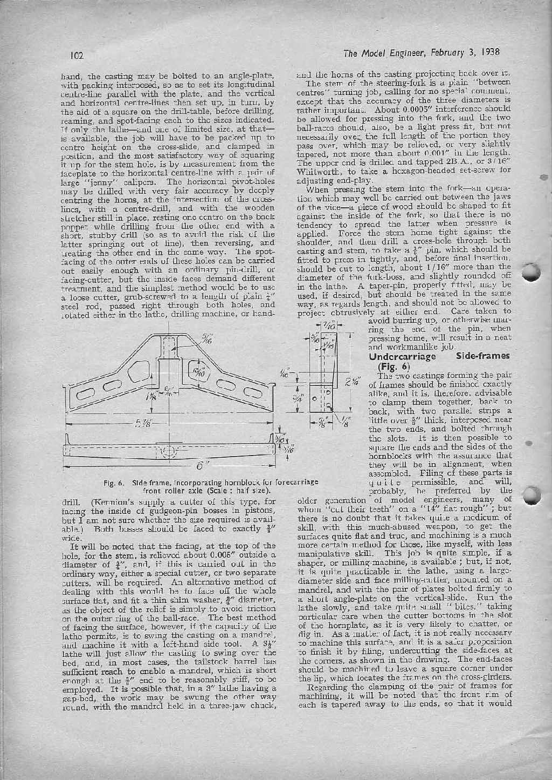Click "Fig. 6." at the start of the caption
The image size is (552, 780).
(114, 482)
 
